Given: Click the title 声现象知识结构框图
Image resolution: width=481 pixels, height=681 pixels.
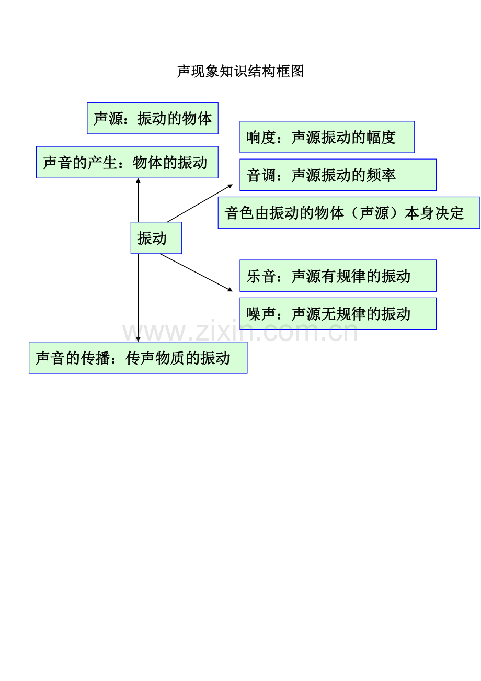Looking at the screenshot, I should [x=241, y=71].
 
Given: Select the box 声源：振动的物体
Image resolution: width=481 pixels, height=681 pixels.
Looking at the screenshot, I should [x=152, y=118].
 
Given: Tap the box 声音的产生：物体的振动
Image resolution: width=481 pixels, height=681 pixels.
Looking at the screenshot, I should [x=127, y=162].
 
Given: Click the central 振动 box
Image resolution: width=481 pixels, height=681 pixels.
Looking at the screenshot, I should [x=156, y=238].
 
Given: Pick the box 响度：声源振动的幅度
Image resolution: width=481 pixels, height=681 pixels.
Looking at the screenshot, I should [x=327, y=137].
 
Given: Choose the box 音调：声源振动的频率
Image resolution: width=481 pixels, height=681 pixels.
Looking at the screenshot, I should [x=338, y=175].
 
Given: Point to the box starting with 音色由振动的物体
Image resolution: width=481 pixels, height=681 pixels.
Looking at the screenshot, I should [x=349, y=212].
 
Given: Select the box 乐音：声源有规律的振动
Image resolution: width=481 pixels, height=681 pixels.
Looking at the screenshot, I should [x=338, y=276].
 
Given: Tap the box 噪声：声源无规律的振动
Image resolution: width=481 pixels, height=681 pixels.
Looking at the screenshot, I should [x=338, y=313].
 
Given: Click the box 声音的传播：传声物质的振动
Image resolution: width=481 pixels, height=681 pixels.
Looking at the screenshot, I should [x=138, y=358].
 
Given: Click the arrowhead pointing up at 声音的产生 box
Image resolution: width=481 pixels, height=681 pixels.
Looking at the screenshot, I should [x=138, y=180].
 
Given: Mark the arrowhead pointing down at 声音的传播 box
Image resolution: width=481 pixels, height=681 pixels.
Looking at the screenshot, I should [x=138, y=339].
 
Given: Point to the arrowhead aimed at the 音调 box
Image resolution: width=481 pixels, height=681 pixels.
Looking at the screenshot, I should [x=230, y=186].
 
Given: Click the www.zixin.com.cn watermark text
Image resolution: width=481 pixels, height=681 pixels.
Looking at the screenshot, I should [x=240, y=332].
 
